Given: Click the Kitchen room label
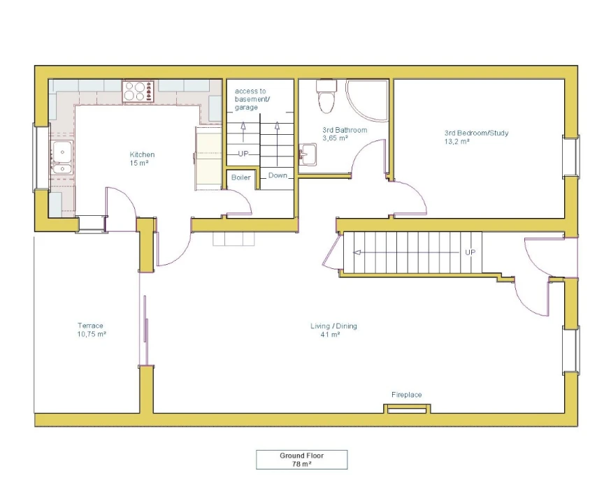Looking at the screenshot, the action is click(142, 154).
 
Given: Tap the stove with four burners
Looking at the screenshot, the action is click(138, 92).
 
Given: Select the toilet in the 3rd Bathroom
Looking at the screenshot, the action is click(326, 96).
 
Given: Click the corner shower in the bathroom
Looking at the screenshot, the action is click(367, 101).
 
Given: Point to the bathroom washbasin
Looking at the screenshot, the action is click(308, 154).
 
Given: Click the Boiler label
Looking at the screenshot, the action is click(241, 177).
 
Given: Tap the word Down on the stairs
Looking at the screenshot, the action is click(278, 175).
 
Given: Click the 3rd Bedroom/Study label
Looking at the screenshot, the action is click(477, 133).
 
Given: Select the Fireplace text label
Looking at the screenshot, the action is click(406, 395).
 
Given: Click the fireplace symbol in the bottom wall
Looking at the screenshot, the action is click(407, 409).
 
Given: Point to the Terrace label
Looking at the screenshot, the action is click(90, 326).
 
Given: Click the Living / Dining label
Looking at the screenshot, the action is click(333, 326).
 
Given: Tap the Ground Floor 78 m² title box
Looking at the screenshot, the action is click(301, 460).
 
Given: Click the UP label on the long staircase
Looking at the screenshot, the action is click(470, 252).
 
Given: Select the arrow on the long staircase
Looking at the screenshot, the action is click(406, 252).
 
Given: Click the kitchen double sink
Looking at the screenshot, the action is click(62, 158).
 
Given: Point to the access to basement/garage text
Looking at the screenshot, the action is click(252, 99).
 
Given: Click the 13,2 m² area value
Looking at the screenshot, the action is click(457, 142).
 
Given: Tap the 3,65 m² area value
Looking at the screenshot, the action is click(335, 138).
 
